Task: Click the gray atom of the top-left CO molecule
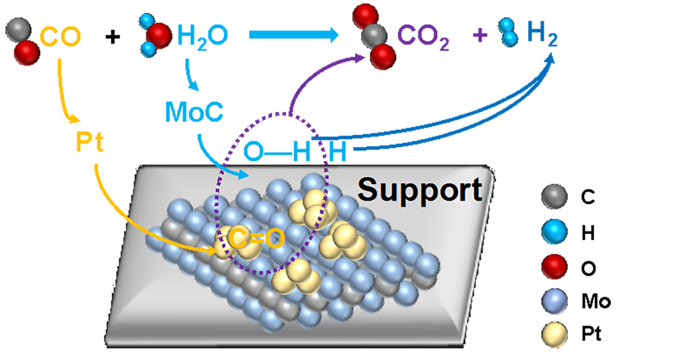[18, 30]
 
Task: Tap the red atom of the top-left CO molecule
[27, 52]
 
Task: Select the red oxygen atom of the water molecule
[159, 35]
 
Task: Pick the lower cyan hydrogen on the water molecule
[148, 49]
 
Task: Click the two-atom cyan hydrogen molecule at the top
[508, 32]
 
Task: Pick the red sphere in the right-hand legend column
[555, 267]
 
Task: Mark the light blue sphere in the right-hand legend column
[555, 301]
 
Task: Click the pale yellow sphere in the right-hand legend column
[555, 335]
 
